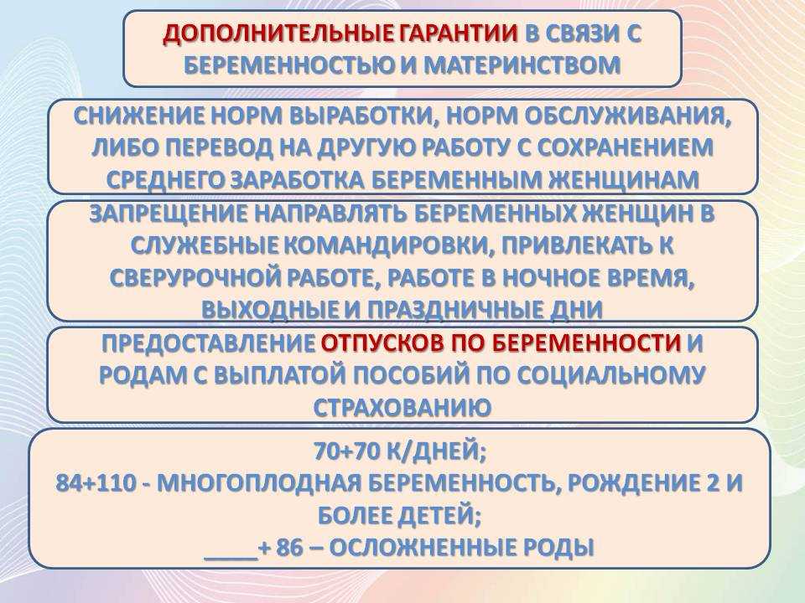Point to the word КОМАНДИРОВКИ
tap(389, 246)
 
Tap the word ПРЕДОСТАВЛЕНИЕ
tap(208, 343)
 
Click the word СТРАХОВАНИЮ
tap(402, 408)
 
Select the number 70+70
tap(344, 451)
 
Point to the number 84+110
tap(96, 483)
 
